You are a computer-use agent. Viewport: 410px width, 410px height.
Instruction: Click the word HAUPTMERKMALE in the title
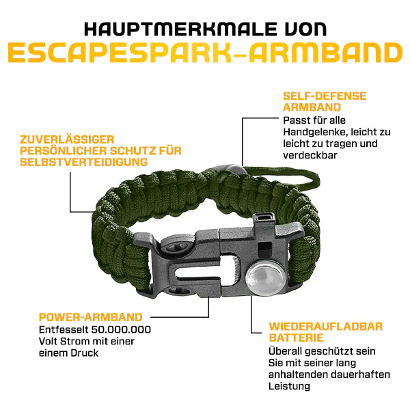coord(180,29)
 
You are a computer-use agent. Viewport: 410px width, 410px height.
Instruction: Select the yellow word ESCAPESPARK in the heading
coord(119,53)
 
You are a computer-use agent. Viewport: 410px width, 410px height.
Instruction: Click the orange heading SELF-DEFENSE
coord(325,96)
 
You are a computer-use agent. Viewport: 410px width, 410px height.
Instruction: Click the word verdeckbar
coord(310,155)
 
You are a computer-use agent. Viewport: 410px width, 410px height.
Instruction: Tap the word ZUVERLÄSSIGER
coord(67,139)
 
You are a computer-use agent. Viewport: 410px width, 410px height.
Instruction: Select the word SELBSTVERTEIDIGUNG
coord(83,162)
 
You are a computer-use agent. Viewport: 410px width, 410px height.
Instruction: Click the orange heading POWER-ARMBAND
coord(90,317)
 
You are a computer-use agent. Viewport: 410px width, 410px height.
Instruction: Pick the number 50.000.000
coord(121,329)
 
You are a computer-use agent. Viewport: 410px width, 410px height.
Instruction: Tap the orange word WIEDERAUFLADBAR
coord(325,327)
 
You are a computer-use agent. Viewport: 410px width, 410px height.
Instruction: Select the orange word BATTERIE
coord(296,338)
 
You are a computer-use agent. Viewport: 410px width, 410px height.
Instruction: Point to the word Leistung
coord(289,387)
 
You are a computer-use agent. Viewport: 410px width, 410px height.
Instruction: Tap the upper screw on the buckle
coord(176,246)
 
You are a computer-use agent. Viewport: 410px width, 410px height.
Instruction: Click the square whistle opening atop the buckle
coord(264,217)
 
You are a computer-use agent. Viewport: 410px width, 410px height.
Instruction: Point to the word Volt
coord(49,341)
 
